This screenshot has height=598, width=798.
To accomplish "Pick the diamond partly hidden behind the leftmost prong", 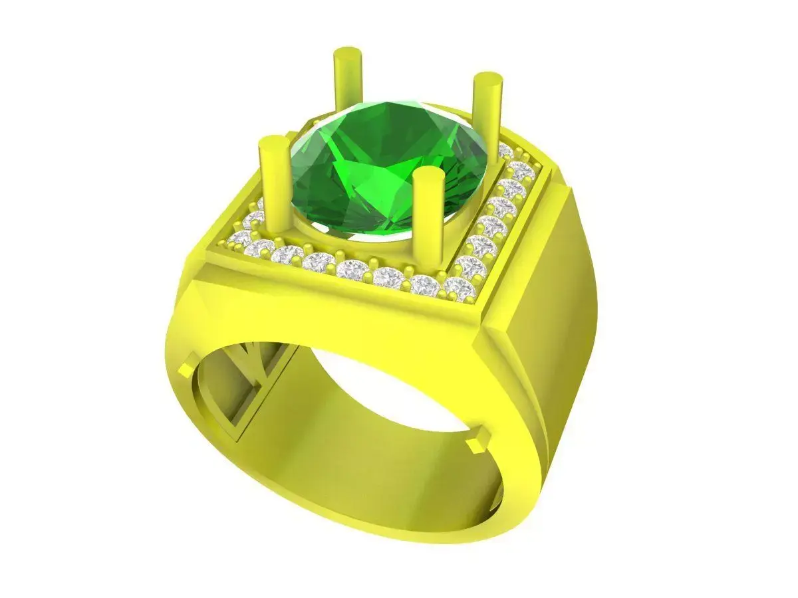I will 256,219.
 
